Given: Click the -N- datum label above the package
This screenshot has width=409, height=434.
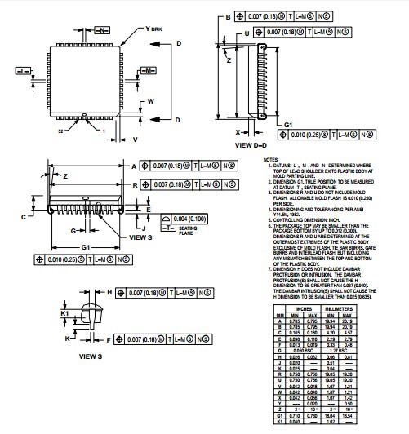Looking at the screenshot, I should [101, 30].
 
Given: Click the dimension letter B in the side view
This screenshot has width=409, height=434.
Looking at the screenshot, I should [229, 16].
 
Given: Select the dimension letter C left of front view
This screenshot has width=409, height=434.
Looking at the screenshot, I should [24, 217].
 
